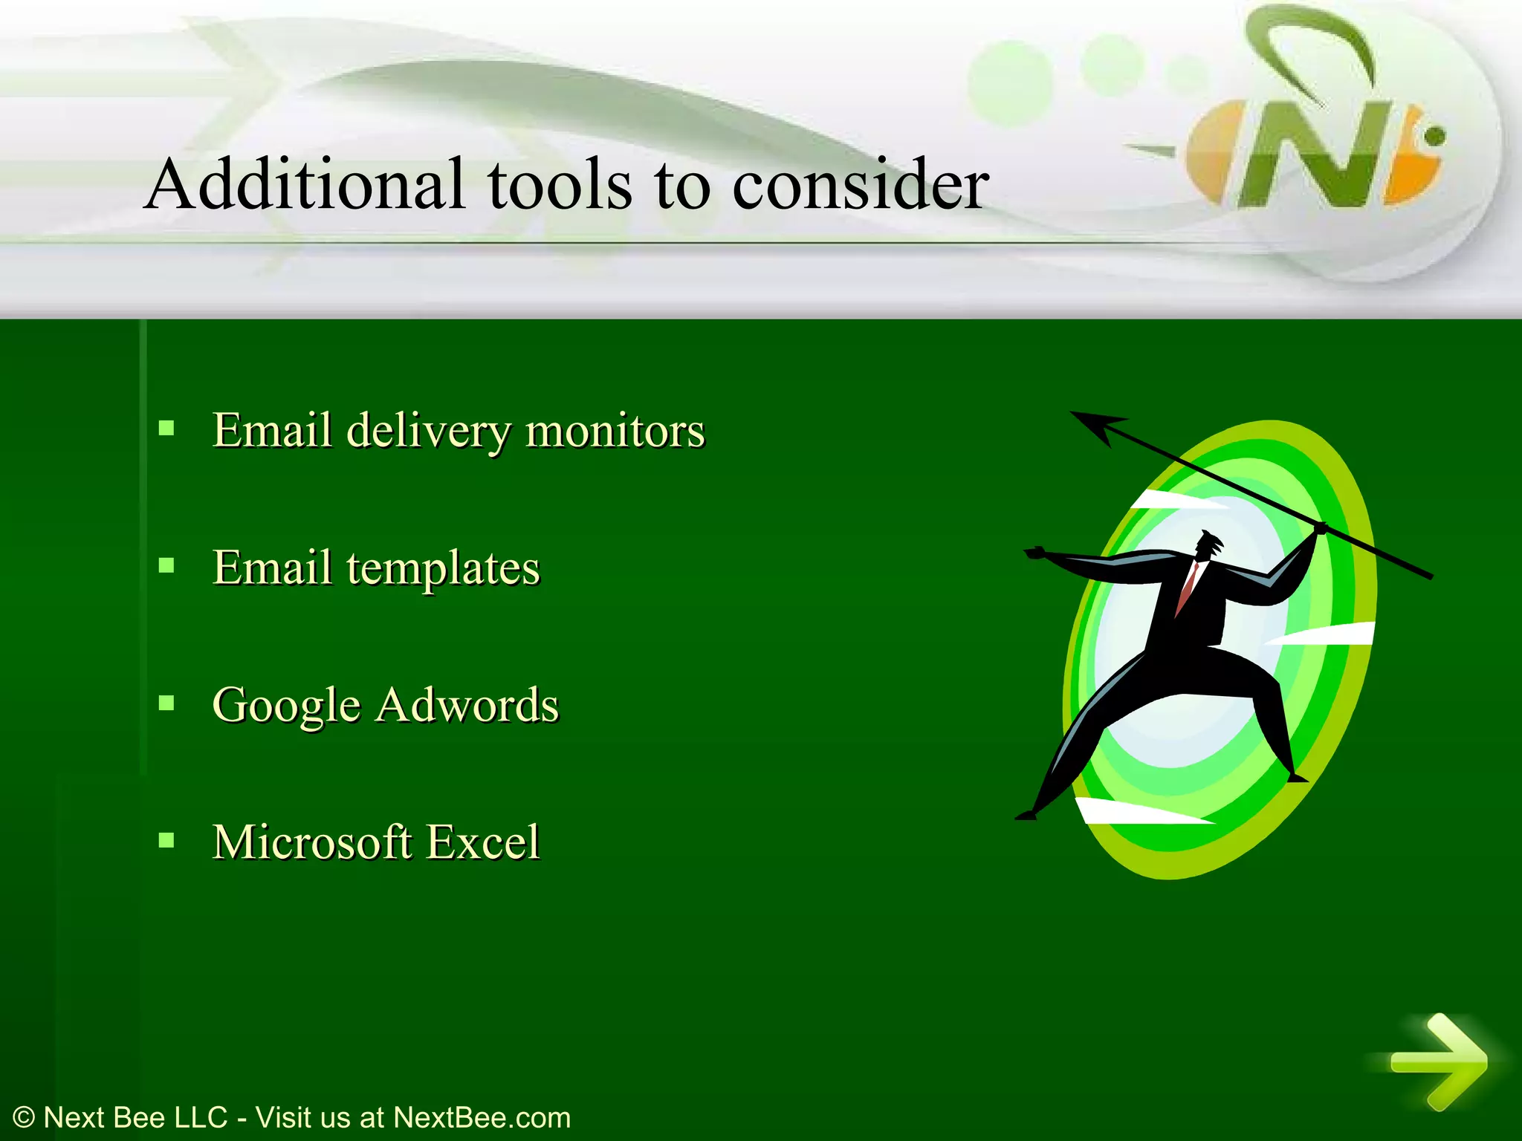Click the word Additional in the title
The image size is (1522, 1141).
305,184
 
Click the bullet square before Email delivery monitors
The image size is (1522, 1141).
166,429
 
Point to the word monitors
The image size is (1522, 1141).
615,431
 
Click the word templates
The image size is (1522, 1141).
443,569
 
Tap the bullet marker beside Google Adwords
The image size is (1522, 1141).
166,703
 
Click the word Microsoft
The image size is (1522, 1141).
312,842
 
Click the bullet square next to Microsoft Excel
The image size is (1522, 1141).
166,840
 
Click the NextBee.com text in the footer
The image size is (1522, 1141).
482,1117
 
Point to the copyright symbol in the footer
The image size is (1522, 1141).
24,1117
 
